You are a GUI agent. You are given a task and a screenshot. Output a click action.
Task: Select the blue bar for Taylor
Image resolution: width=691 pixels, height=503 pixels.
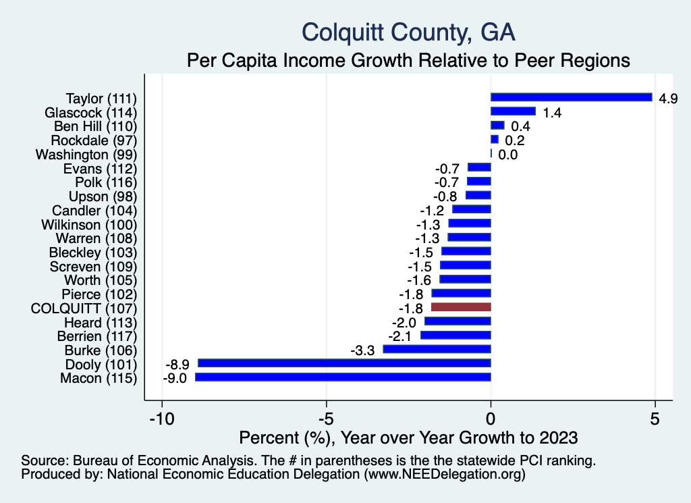point(571,97)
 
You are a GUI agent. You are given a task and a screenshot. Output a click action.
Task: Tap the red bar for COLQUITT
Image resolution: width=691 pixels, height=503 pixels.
point(461,307)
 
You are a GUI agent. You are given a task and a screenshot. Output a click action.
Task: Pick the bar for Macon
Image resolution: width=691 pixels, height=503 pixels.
point(343,377)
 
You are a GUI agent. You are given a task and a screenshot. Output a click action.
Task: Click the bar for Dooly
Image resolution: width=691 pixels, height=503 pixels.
point(344,363)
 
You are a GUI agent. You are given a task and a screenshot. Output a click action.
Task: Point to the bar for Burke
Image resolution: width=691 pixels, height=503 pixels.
point(437,349)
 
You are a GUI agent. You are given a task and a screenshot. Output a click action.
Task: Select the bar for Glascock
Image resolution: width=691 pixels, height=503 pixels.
point(513,111)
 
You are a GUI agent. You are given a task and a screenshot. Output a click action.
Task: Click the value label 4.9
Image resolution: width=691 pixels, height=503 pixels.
point(668,99)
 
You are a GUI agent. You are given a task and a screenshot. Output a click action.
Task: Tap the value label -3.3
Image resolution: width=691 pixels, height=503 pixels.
point(364,350)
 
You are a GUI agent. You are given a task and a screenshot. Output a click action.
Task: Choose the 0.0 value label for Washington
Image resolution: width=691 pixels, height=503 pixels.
point(508,155)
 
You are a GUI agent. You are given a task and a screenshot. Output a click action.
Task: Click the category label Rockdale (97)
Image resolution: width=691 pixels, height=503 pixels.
point(94,140)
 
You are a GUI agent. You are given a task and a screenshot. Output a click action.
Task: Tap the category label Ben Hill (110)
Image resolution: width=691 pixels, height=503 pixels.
point(95,126)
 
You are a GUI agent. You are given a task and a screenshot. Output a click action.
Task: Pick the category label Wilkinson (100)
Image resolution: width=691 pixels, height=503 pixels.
point(89,224)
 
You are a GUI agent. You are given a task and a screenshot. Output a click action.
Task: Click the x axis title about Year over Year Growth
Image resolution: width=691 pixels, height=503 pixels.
point(408,437)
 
